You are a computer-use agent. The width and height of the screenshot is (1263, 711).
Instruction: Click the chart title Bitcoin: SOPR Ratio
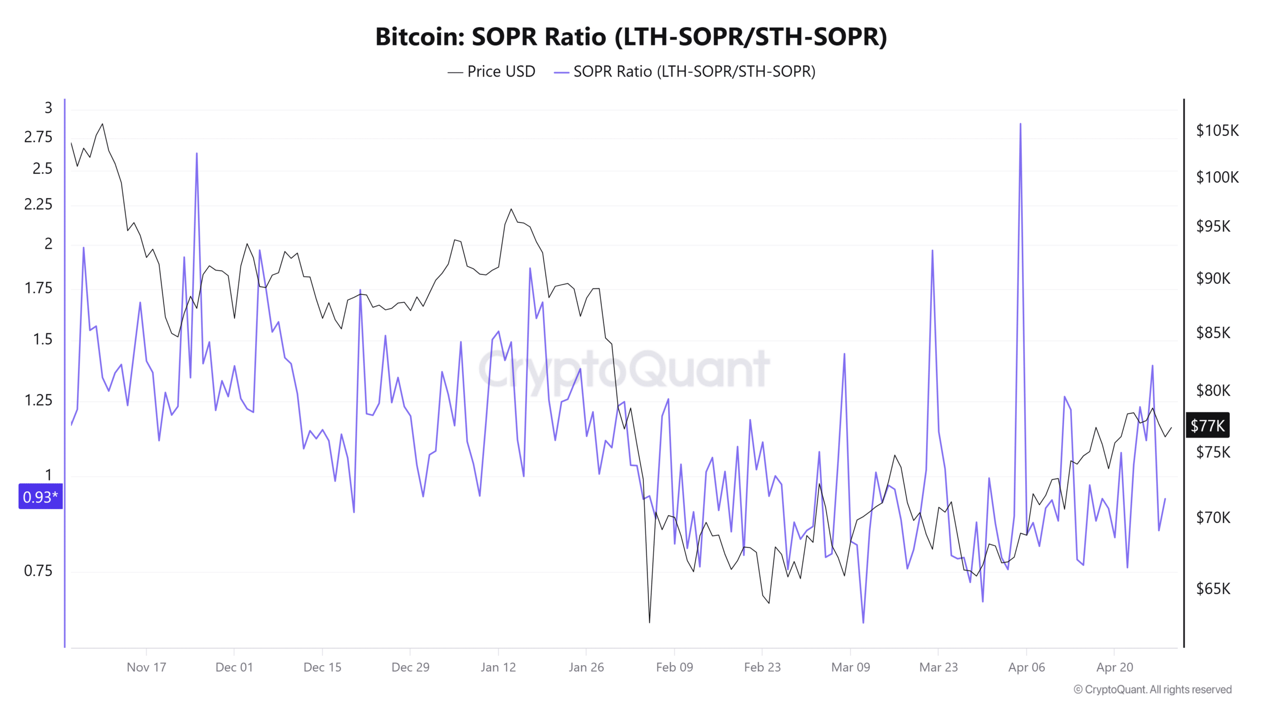click(631, 37)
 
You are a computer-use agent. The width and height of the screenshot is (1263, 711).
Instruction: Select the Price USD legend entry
click(491, 72)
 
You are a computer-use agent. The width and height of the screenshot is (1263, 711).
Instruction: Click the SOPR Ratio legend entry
click(684, 72)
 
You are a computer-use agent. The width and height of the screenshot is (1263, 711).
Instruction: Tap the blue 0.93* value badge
click(40, 496)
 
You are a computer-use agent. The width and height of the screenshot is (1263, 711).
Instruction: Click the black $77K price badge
click(1207, 425)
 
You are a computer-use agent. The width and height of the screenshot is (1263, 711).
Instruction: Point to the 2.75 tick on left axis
click(38, 137)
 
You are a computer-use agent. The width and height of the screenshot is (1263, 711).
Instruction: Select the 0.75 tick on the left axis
click(38, 571)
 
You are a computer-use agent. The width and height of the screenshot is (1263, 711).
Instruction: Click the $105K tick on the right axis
click(1217, 130)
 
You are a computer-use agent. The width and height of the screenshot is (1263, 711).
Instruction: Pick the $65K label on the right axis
click(1213, 589)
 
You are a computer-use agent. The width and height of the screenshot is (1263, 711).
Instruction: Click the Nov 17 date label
click(146, 667)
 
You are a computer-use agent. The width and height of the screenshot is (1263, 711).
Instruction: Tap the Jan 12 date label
click(498, 667)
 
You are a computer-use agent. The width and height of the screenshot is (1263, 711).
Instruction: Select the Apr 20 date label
click(1114, 667)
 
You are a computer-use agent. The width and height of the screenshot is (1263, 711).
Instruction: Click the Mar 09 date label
click(850, 667)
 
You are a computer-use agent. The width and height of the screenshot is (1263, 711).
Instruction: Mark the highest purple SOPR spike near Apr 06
click(1020, 124)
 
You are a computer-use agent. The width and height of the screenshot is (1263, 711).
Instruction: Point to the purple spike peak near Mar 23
click(932, 250)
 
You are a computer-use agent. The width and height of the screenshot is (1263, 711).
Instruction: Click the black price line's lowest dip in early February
click(649, 622)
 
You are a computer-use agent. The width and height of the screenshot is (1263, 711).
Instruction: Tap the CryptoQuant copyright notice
click(1152, 689)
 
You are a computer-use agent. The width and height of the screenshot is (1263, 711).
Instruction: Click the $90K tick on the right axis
click(1213, 278)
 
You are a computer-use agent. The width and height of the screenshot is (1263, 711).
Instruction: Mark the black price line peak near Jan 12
click(511, 209)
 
